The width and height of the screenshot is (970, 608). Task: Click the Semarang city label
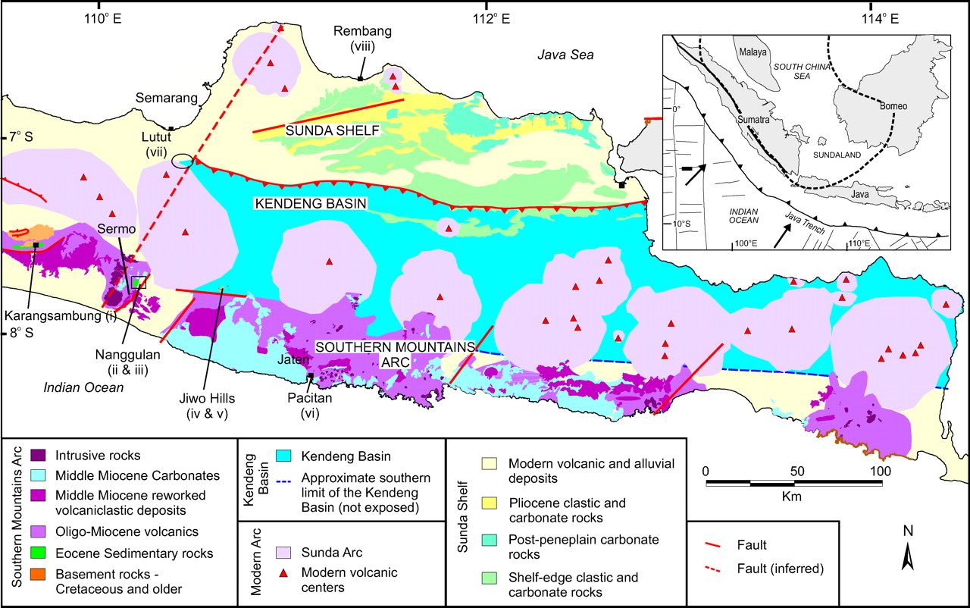coord(166,98)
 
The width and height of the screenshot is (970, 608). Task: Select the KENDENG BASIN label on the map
coord(311,204)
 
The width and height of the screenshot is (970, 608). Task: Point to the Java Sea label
coord(565,55)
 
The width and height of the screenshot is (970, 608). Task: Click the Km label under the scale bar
coord(793,497)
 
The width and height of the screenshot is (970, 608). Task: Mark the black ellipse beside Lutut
coord(183,160)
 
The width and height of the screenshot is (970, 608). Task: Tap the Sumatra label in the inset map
coord(752,121)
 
